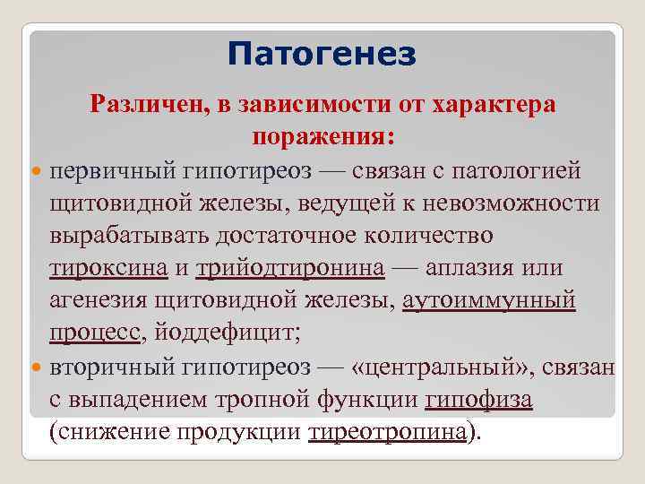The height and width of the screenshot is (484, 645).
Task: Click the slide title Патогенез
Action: pyautogui.click(x=322, y=56)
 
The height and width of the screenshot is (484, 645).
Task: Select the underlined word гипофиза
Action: pyautogui.click(x=479, y=400)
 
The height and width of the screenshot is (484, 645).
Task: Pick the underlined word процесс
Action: pyautogui.click(x=94, y=333)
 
